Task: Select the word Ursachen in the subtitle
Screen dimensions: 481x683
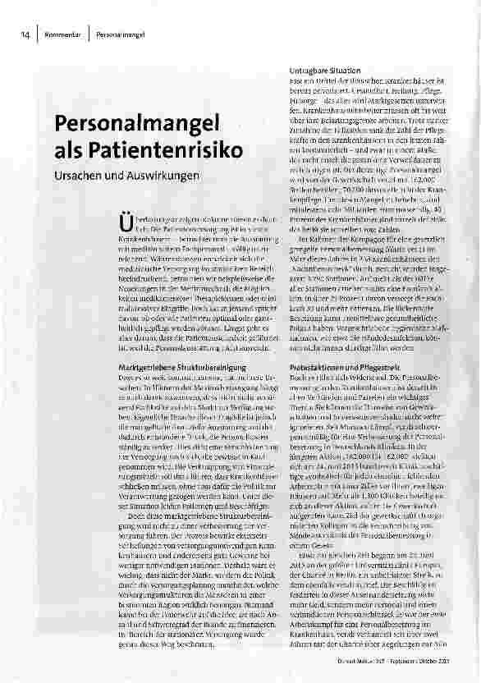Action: (x=78, y=176)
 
